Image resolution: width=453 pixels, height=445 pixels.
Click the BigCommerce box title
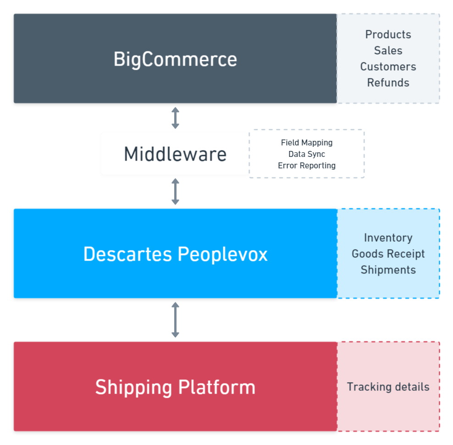175,59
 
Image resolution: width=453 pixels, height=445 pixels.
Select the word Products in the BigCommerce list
388,34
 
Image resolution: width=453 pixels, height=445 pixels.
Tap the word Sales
388,50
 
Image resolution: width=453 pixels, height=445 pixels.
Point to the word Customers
388,67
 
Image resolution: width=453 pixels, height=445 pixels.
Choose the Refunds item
388,83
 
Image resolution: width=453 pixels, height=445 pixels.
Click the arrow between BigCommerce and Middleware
175,118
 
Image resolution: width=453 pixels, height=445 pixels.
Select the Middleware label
175,154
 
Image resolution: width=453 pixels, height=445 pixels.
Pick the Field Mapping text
307,143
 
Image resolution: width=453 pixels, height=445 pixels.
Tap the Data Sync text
307,154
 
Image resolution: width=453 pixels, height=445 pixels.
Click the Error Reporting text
307,166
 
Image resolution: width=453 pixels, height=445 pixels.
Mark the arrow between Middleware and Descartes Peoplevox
175,191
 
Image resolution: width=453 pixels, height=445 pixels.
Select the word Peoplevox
223,254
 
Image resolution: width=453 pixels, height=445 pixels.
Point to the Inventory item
388,238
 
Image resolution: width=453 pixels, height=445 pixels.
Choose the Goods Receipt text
388,254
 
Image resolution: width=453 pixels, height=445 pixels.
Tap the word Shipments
388,270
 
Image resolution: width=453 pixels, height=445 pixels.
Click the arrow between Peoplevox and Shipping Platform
175,320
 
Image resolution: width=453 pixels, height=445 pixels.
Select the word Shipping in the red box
133,388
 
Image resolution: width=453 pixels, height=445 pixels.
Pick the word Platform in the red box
216,387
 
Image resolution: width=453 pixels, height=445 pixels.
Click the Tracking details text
388,387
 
